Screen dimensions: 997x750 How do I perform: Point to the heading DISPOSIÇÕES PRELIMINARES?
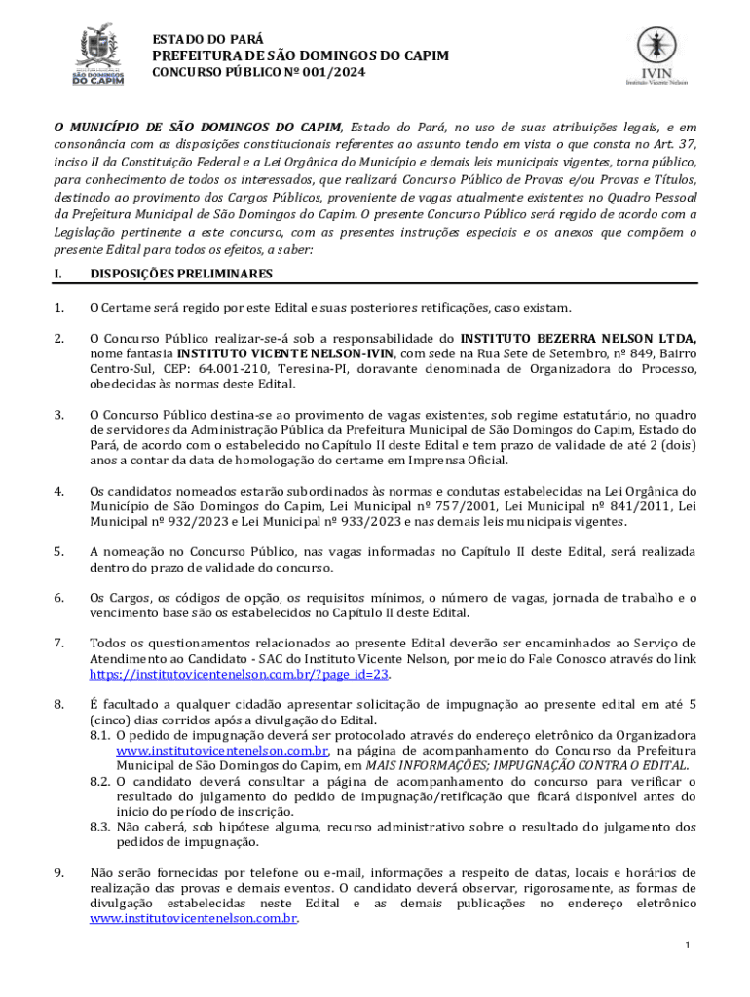(x=181, y=274)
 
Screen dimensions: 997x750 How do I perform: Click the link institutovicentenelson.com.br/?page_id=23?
(x=240, y=673)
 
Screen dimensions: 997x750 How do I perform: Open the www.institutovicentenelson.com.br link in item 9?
(x=193, y=918)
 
